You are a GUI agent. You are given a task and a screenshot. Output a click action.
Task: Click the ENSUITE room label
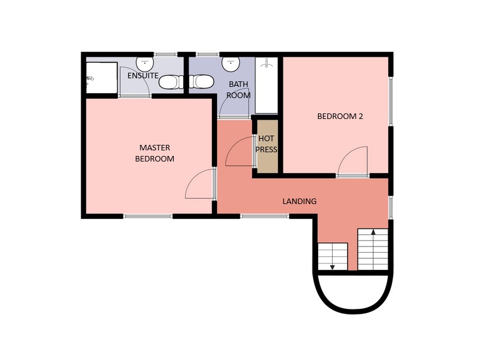pyautogui.click(x=143, y=76)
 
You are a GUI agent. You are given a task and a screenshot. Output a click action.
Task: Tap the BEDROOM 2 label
pyautogui.click(x=340, y=117)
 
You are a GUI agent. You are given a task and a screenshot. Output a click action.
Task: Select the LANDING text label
pyautogui.click(x=300, y=201)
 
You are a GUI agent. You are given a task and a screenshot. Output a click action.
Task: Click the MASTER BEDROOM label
pyautogui.click(x=155, y=153)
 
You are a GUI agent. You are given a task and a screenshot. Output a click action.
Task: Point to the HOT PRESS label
pyautogui.click(x=266, y=144)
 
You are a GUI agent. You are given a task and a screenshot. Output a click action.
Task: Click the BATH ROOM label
pyautogui.click(x=239, y=89)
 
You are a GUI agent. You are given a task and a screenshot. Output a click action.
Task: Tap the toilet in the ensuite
pyautogui.click(x=171, y=82)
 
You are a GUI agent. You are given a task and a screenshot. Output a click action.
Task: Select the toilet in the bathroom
pyautogui.click(x=202, y=81)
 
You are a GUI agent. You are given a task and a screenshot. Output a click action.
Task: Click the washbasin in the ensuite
pyautogui.click(x=145, y=63)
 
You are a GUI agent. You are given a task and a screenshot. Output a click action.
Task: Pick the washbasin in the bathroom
pyautogui.click(x=231, y=63)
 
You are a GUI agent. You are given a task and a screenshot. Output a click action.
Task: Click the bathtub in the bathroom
pyautogui.click(x=266, y=85)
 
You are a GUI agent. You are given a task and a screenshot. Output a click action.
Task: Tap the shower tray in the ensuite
pyautogui.click(x=102, y=78)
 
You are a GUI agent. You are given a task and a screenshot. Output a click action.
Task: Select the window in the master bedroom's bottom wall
pyautogui.click(x=148, y=216)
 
